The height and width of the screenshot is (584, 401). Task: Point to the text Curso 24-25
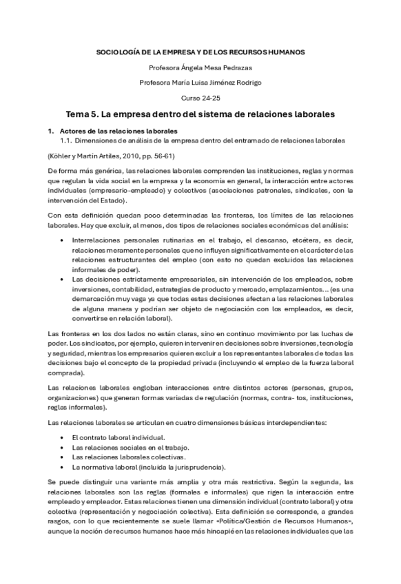click(x=200, y=98)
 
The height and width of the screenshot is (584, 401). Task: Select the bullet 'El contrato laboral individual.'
click(x=117, y=437)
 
